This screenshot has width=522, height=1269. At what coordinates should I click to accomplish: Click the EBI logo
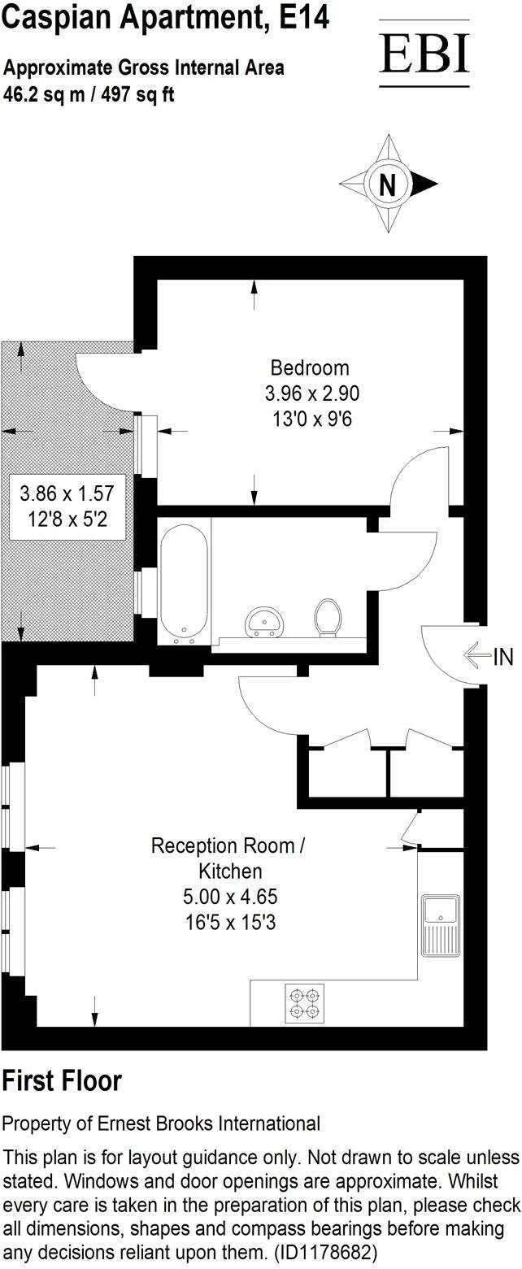pyautogui.click(x=424, y=54)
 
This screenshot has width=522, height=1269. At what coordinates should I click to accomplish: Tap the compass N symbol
pyautogui.click(x=389, y=185)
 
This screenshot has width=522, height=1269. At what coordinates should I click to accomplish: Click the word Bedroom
pyautogui.click(x=310, y=367)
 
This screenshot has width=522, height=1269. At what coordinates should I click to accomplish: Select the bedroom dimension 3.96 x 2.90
pyautogui.click(x=311, y=393)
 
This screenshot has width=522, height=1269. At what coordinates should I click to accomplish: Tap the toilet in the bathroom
pyautogui.click(x=328, y=617)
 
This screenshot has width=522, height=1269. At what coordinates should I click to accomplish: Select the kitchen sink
pyautogui.click(x=440, y=926)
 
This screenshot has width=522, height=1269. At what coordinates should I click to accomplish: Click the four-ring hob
pyautogui.click(x=303, y=1002)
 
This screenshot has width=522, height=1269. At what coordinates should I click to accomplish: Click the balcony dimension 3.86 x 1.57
pyautogui.click(x=66, y=493)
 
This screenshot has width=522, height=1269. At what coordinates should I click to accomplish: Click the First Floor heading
pyautogui.click(x=62, y=1081)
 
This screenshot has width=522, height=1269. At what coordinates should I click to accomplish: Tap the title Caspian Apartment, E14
pyautogui.click(x=167, y=18)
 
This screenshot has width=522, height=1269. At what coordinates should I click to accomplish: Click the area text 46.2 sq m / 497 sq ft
pyautogui.click(x=89, y=94)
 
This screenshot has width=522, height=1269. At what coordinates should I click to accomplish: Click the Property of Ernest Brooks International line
pyautogui.click(x=161, y=1123)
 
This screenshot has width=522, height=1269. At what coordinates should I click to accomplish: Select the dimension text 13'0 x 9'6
pyautogui.click(x=311, y=419)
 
